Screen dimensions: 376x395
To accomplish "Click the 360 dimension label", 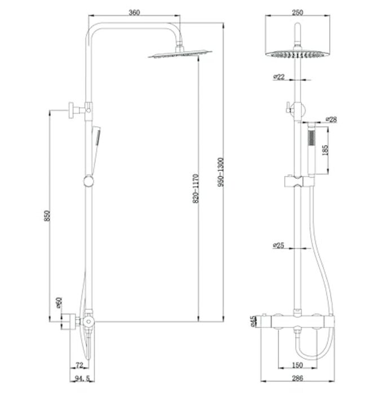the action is click(134, 12).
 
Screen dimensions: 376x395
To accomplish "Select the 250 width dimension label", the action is click(297, 12).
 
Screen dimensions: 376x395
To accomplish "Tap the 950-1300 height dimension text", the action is click(221, 172).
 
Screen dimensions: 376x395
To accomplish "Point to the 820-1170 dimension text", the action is click(196, 188).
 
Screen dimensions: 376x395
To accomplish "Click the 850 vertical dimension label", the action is click(47, 216).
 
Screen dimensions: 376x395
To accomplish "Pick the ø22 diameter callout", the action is click(279, 77).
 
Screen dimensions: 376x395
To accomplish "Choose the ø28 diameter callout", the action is click(331, 119).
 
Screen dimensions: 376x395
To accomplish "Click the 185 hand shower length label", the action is click(325, 150).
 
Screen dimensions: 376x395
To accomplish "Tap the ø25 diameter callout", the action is click(278, 245).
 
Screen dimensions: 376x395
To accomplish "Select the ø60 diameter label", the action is click(59, 302).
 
